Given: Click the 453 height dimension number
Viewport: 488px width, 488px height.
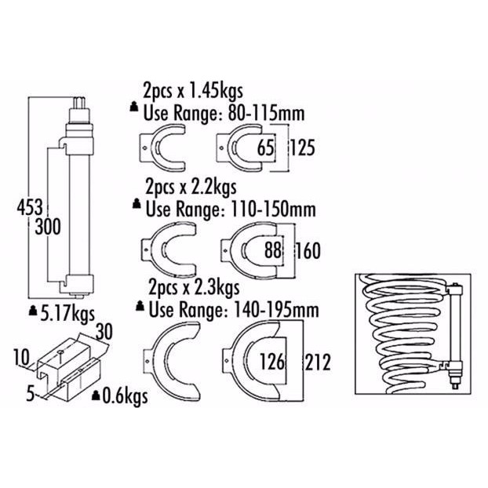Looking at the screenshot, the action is pyautogui.click(x=30, y=208).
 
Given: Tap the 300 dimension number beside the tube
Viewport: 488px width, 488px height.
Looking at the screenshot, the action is pyautogui.click(x=48, y=227).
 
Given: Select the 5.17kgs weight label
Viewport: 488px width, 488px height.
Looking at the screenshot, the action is pyautogui.click(x=67, y=314).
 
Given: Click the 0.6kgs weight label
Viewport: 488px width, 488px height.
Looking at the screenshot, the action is pyautogui.click(x=125, y=396).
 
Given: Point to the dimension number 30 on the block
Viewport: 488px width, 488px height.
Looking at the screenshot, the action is pyautogui.click(x=104, y=332).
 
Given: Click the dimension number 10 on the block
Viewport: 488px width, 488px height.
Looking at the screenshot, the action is pyautogui.click(x=21, y=357).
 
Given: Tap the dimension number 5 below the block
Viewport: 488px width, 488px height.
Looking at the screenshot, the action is pyautogui.click(x=31, y=394).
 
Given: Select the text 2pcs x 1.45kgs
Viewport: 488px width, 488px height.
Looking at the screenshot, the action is pyautogui.click(x=193, y=91).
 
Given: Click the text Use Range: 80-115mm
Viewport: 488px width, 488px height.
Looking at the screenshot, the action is pyautogui.click(x=224, y=113).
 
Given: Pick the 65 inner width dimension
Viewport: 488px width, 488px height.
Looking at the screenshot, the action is pyautogui.click(x=265, y=147).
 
